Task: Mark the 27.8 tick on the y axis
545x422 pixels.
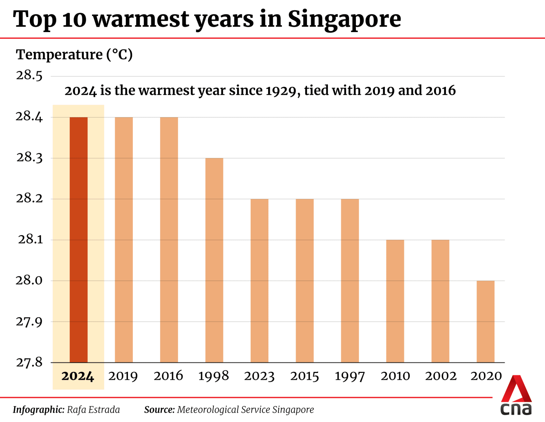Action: point(29,362)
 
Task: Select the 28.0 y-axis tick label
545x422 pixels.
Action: point(29,280)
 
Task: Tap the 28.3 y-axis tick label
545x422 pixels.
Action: point(29,158)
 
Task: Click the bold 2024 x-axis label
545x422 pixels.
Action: point(78,376)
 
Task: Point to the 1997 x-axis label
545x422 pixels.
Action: point(350,376)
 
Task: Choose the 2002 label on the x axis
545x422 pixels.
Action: point(440,376)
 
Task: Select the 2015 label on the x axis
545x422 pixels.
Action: point(305,376)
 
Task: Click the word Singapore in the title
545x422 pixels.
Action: point(344,20)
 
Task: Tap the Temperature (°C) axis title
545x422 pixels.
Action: point(74,55)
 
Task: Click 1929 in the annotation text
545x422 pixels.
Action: point(283,91)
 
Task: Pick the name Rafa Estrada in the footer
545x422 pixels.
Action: point(93,410)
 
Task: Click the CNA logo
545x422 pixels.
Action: point(516,396)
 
